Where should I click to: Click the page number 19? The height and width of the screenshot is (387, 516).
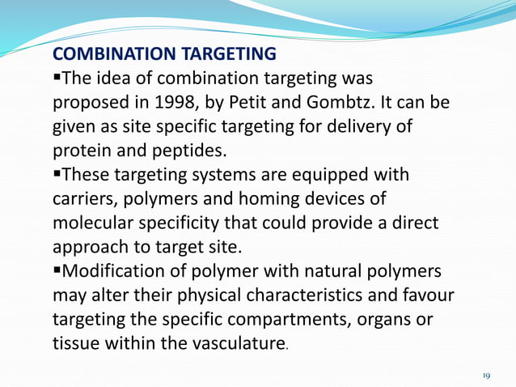(486, 376)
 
